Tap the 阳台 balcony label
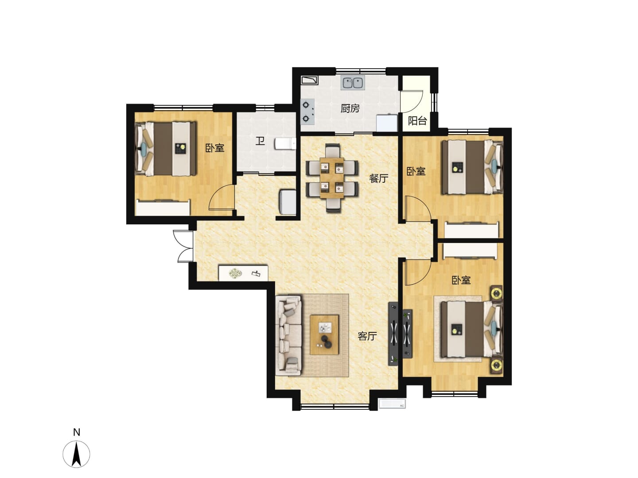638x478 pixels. (x=417, y=121)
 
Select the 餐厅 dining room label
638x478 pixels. (x=378, y=178)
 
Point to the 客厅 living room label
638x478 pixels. (x=367, y=336)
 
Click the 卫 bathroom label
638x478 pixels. (x=260, y=141)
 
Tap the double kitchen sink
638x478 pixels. (x=352, y=83)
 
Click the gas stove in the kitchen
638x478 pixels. (x=307, y=112)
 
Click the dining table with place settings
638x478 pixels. (x=332, y=178)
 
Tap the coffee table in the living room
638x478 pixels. (x=324, y=335)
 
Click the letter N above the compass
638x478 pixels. (x=77, y=432)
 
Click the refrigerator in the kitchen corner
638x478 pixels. (x=387, y=123)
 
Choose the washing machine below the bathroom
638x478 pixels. (x=288, y=202)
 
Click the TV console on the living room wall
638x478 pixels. (x=393, y=334)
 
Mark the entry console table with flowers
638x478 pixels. (x=243, y=273)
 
